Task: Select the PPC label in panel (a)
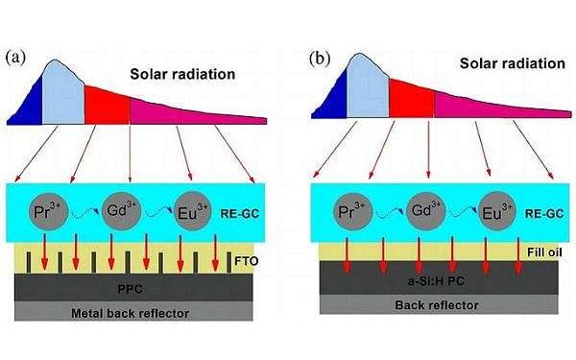click(133, 287)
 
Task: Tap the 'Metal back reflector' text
click(133, 312)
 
